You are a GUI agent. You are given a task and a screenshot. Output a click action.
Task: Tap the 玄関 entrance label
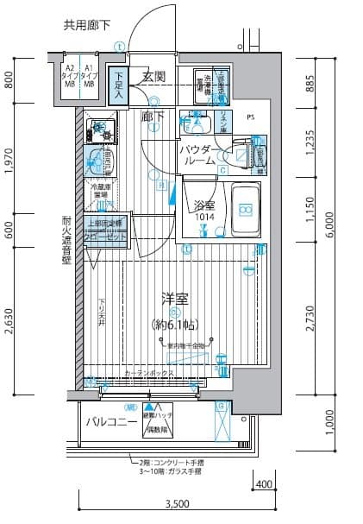click(x=154, y=77)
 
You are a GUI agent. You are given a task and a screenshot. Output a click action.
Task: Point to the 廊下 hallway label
click(x=152, y=115)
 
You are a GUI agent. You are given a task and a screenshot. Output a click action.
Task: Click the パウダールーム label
click(x=198, y=156)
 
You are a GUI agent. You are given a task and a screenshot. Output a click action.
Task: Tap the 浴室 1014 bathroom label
click(x=204, y=211)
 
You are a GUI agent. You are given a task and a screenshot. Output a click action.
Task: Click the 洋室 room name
click(x=174, y=300)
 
